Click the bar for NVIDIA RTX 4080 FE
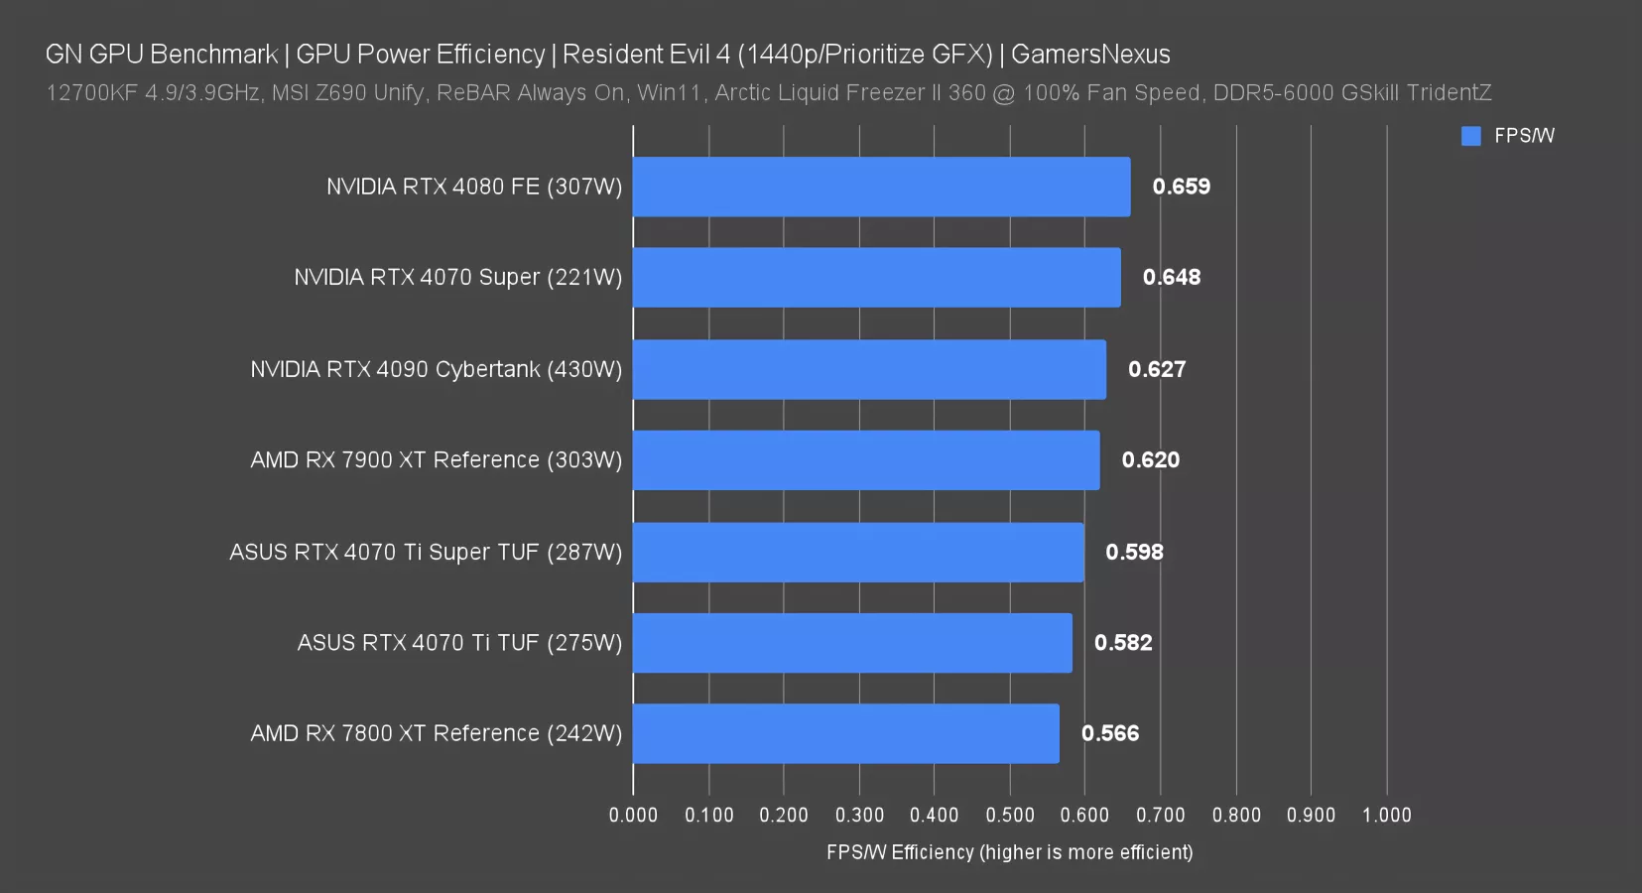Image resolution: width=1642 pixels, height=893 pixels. [x=881, y=187]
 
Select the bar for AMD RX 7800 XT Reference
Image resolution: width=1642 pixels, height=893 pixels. [x=845, y=733]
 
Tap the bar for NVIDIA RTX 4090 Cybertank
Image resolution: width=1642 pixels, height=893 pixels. [x=869, y=369]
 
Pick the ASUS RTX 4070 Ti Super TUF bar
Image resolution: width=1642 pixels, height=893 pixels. [x=858, y=552]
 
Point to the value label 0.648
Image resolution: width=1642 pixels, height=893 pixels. [x=1171, y=278]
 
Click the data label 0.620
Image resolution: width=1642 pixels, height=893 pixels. [x=1150, y=460]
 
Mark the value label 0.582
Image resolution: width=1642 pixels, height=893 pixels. [x=1122, y=643]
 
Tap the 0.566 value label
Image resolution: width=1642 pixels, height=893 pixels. [x=1109, y=733]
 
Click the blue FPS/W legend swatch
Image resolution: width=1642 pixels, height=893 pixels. [x=1470, y=136]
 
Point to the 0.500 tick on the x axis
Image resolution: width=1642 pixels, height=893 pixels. [x=1009, y=816]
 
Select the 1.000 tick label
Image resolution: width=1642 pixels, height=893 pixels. [x=1386, y=816]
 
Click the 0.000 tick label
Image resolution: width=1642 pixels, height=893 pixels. [x=633, y=816]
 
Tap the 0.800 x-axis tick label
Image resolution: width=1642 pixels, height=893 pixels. [x=1235, y=816]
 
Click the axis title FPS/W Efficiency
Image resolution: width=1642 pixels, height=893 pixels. [x=1009, y=852]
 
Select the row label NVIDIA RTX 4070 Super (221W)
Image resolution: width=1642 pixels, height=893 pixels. [x=457, y=278]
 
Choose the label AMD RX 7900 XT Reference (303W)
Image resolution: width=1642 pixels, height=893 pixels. [x=436, y=460]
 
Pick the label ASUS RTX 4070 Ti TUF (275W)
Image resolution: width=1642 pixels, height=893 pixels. [x=459, y=643]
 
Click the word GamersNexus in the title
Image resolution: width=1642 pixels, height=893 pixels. [x=1090, y=55]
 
